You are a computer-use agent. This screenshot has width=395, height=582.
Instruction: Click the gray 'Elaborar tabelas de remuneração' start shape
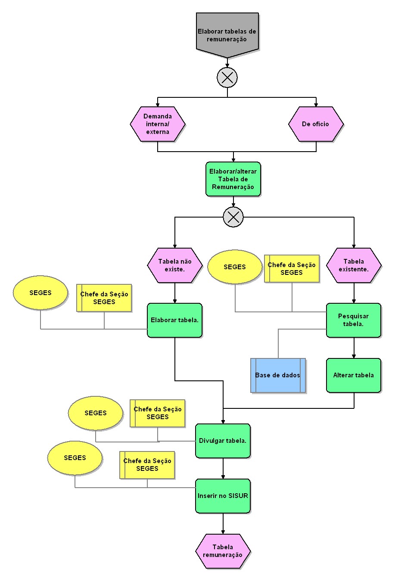[227, 34]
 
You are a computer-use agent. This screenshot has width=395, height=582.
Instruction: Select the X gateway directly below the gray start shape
[227, 78]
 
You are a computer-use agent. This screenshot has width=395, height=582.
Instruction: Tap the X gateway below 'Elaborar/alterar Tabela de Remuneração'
[233, 217]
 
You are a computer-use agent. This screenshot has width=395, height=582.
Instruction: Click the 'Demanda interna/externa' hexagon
[158, 124]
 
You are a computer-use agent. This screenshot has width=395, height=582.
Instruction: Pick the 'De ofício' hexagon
[316, 124]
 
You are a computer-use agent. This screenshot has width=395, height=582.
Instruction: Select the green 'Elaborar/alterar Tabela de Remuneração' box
[233, 179]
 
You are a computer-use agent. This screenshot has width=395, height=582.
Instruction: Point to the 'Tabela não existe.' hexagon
[175, 265]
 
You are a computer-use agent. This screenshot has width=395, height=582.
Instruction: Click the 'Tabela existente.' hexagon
[354, 265]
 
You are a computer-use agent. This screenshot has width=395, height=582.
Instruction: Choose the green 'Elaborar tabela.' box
[174, 321]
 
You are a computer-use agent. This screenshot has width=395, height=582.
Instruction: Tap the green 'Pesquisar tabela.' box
[354, 320]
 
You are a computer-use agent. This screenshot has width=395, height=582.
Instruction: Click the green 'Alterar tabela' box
[354, 375]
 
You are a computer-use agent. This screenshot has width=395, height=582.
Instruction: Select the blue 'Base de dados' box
[278, 375]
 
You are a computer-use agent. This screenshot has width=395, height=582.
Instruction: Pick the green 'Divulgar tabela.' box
[223, 441]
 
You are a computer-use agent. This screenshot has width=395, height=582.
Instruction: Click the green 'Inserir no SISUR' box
[223, 496]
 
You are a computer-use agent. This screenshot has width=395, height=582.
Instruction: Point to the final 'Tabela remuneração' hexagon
[223, 551]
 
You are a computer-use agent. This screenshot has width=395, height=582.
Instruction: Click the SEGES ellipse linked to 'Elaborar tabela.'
[40, 293]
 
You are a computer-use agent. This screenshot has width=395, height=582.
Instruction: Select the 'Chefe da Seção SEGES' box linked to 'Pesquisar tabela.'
[292, 268]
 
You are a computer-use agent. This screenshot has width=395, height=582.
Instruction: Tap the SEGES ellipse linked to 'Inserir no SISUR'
[75, 458]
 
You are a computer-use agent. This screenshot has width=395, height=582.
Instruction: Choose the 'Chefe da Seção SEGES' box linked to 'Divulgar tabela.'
[158, 413]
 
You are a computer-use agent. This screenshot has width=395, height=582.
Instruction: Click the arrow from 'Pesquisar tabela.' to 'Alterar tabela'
[354, 348]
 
